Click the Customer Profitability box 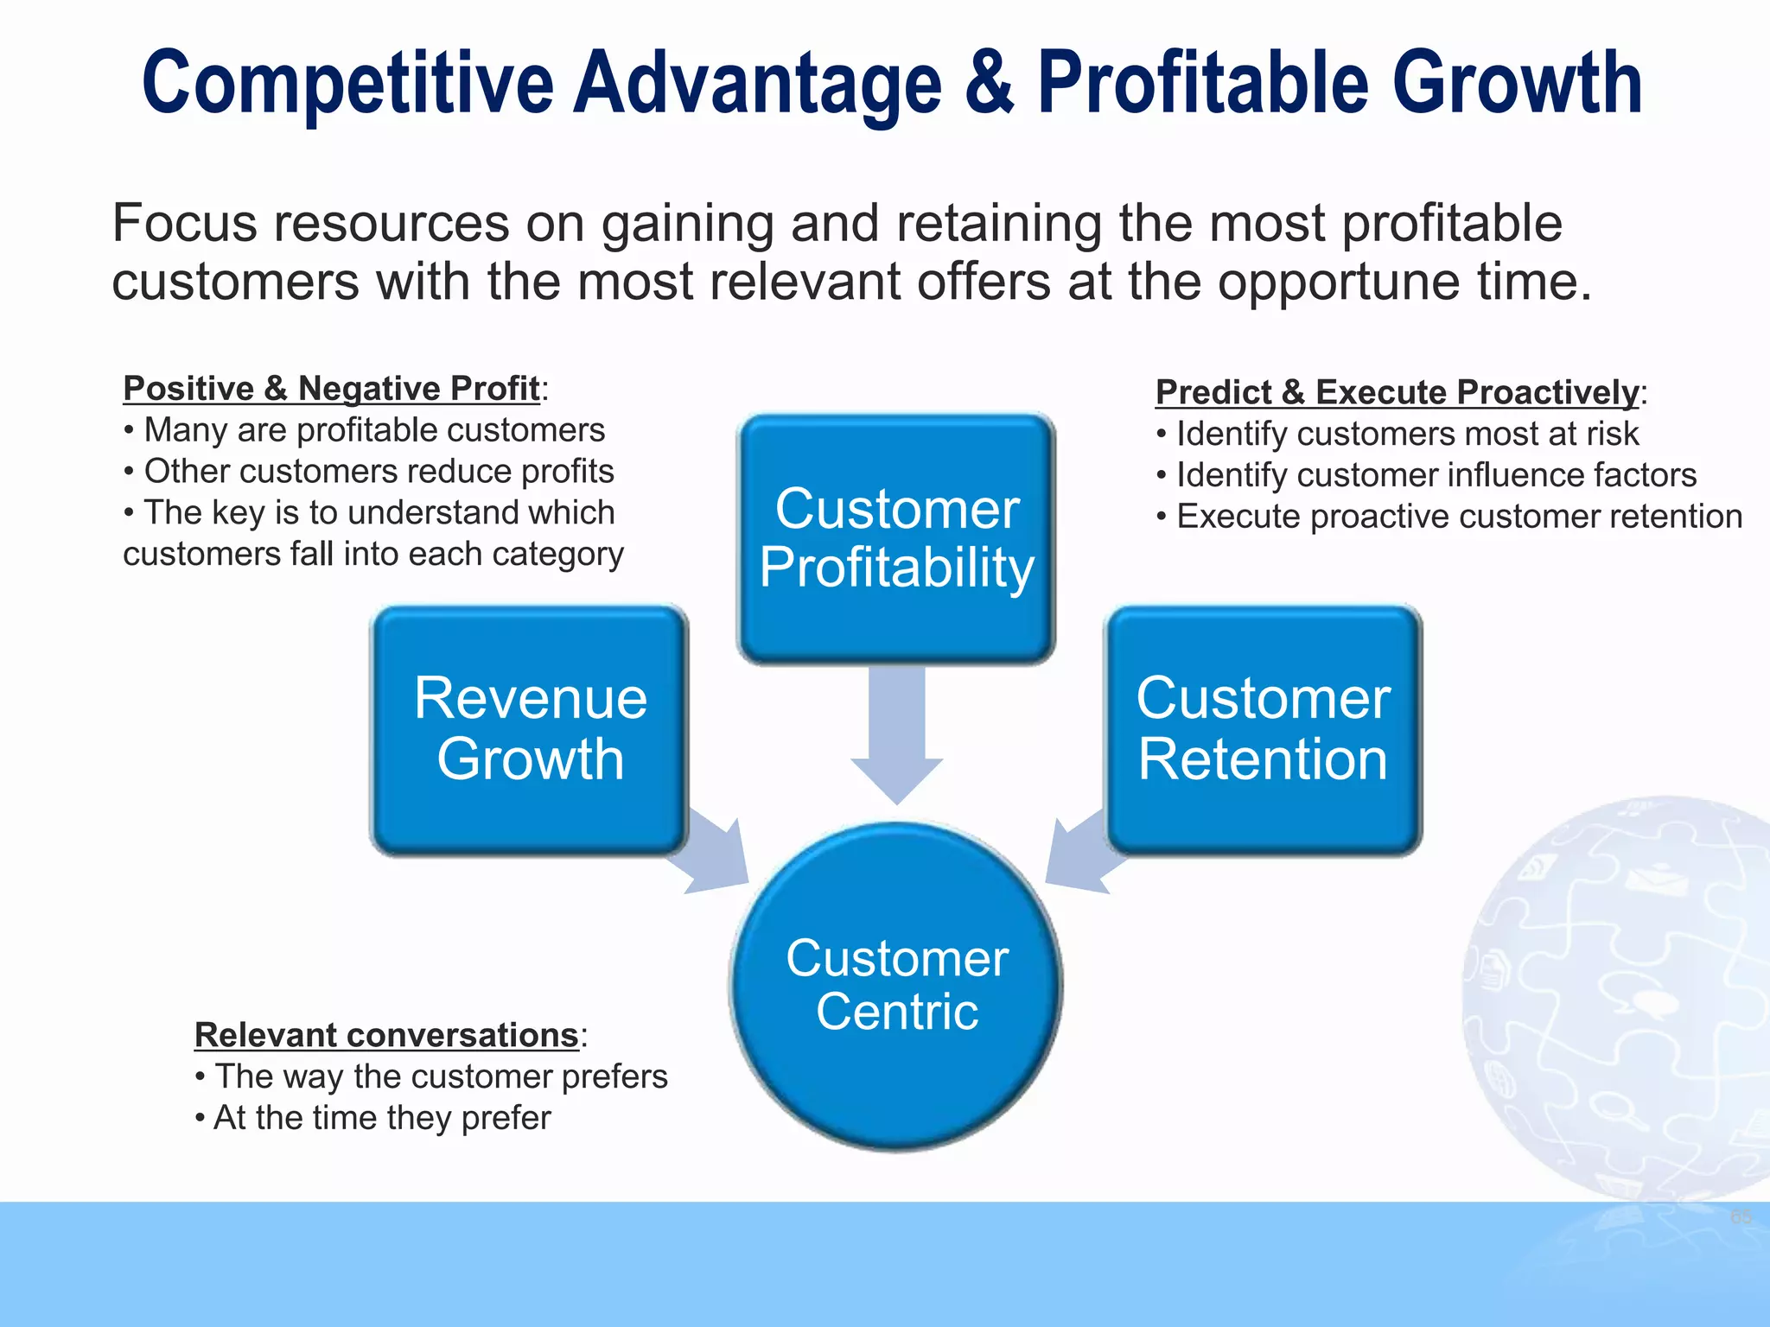(x=896, y=539)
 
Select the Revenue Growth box (x=530, y=730)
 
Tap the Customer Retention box (x=1264, y=730)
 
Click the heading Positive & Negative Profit (x=331, y=390)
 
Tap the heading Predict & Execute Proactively (x=1397, y=393)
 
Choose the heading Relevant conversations (x=386, y=1035)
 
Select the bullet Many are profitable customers (x=373, y=430)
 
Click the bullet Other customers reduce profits (x=378, y=472)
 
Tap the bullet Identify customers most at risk (x=1406, y=434)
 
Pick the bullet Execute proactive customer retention (x=1458, y=517)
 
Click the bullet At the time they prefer (x=381, y=1118)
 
